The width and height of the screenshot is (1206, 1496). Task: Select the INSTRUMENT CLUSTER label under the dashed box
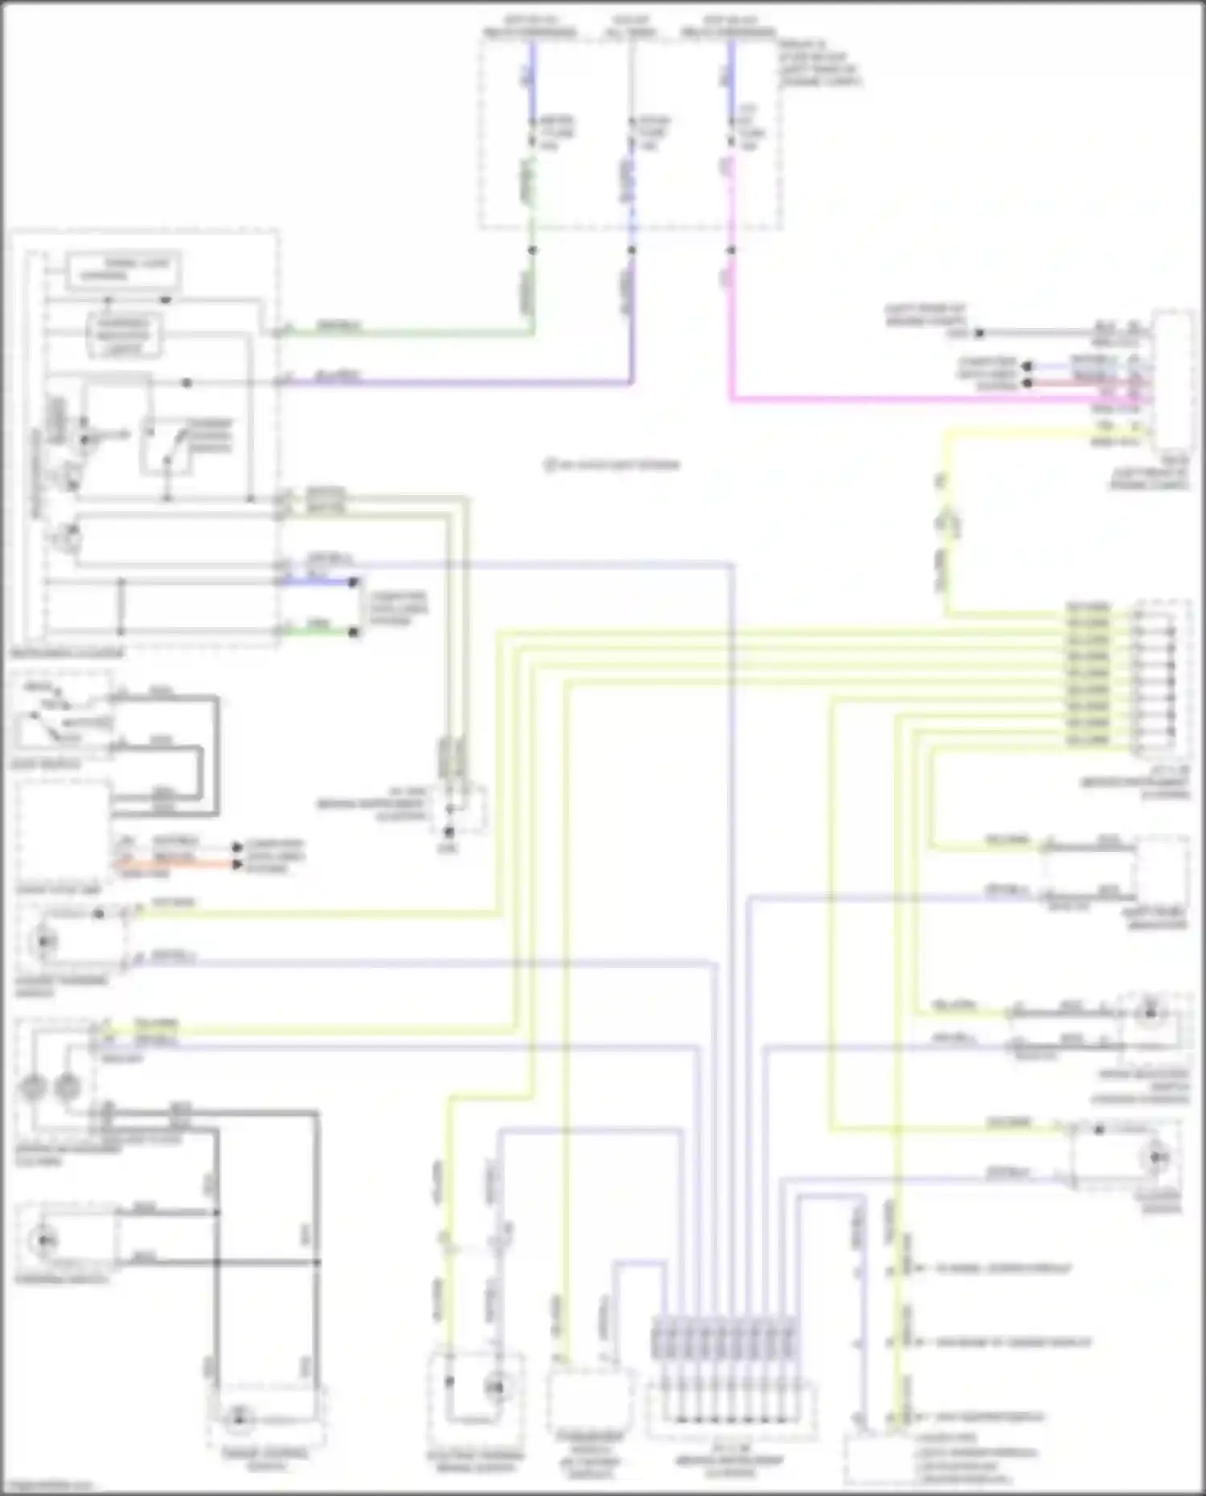tap(68, 654)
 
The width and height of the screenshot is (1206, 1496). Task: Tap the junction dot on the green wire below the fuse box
tap(531, 250)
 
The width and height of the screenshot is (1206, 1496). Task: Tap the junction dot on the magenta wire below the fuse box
tap(731, 250)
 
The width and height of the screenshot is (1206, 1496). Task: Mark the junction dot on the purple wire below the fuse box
tap(631, 250)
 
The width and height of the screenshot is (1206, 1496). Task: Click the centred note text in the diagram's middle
tap(611, 465)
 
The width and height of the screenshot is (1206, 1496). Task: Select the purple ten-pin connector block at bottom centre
tap(726, 1338)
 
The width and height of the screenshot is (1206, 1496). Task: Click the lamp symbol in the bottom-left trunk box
tap(237, 1417)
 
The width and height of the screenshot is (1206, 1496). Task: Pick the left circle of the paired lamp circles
tap(33, 1088)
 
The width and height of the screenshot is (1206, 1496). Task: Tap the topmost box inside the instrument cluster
tap(122, 269)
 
